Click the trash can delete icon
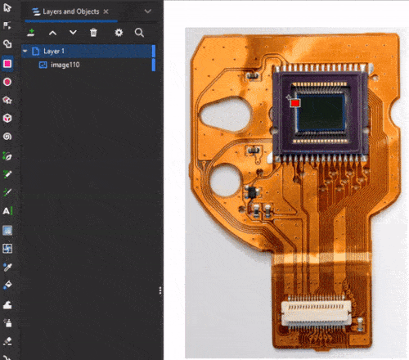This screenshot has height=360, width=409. [93, 33]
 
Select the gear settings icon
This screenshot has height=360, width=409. [119, 33]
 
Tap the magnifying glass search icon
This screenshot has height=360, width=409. [139, 33]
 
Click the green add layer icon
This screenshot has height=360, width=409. [31, 33]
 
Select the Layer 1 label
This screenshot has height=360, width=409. [54, 51]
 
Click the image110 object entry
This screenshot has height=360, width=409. [65, 65]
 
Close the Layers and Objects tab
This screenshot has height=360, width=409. [106, 11]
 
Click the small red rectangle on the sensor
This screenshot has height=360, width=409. [295, 103]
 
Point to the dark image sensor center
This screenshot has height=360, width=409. [321, 112]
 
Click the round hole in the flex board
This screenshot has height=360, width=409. [225, 180]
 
